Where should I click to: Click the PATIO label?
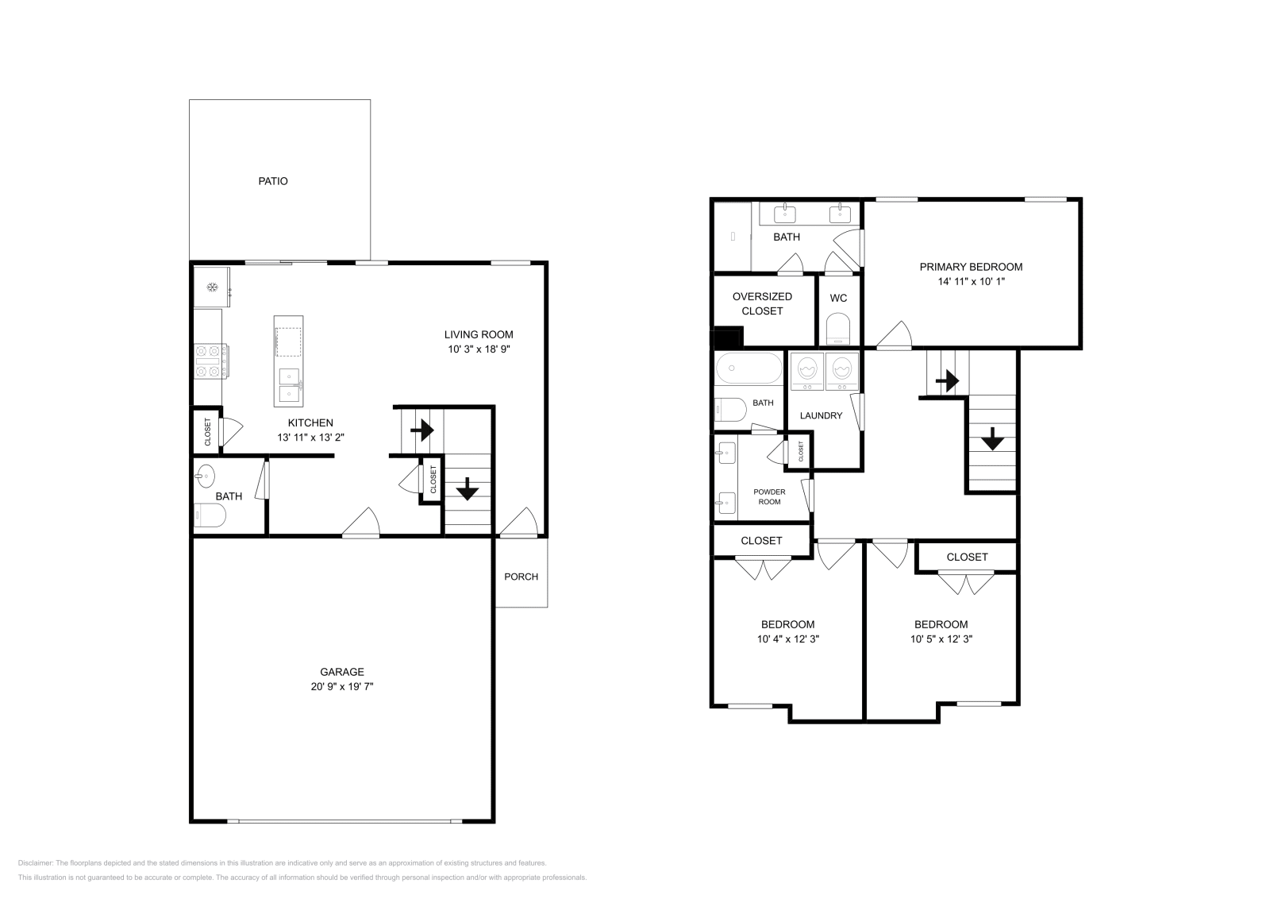pos(273,181)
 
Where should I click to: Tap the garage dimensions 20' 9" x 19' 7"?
pos(342,686)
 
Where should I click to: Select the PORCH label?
pos(521,577)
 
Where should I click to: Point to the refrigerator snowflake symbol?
pos(212,287)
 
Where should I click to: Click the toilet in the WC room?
pos(838,330)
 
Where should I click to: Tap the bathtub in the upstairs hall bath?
pos(749,368)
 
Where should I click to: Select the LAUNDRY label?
pos(821,415)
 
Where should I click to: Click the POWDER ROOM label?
pos(769,497)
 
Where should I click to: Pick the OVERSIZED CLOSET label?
pos(762,303)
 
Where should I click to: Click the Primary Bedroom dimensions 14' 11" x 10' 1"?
pos(972,281)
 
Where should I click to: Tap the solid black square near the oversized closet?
pos(728,337)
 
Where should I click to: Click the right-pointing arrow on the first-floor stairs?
pos(422,430)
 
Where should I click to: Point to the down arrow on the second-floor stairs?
pos(992,438)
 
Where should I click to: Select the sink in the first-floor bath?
pos(205,476)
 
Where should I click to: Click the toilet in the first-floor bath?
pos(210,515)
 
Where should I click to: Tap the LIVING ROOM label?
pos(479,334)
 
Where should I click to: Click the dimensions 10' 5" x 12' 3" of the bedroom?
pos(941,639)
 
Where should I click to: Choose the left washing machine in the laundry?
pos(806,372)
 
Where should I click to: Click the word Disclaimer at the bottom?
pos(35,863)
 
